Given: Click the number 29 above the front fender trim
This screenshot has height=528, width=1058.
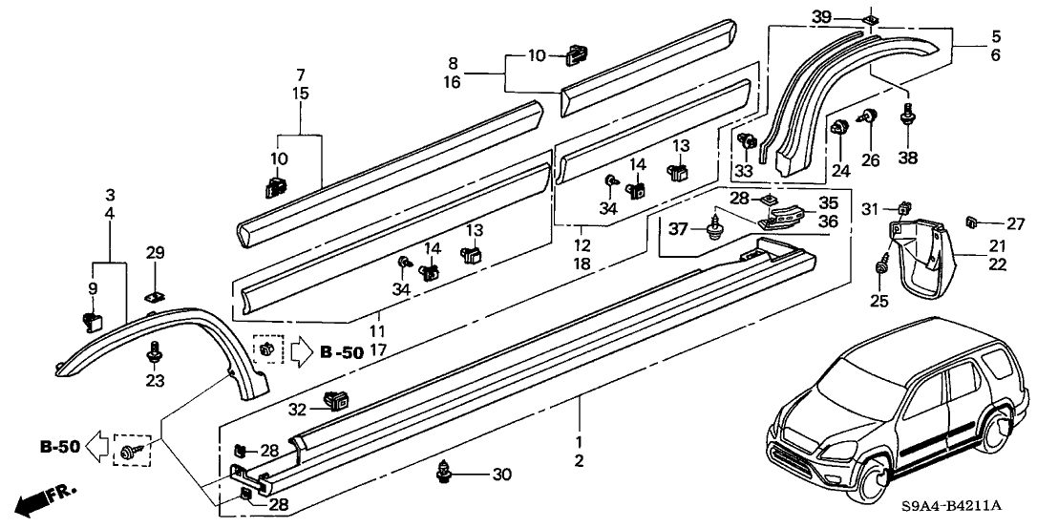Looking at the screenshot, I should click(x=155, y=251).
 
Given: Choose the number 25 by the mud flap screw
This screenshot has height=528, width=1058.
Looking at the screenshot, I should click(x=879, y=302).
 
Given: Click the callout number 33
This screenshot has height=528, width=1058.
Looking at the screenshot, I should click(x=744, y=172).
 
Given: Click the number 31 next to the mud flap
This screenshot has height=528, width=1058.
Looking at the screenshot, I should click(x=869, y=209).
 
